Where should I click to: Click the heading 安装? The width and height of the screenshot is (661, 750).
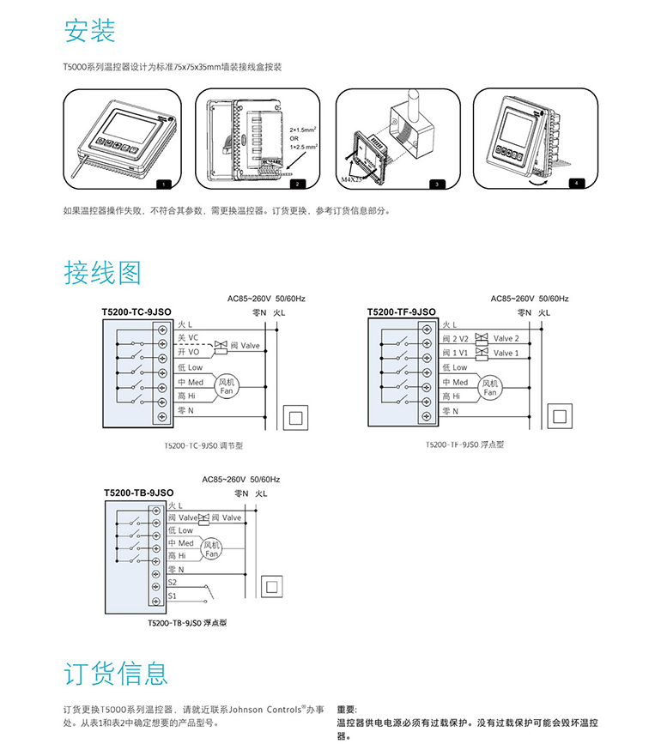pyautogui.click(x=89, y=32)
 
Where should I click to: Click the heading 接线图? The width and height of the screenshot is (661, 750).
pyautogui.click(x=102, y=273)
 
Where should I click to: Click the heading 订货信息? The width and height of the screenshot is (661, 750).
pyautogui.click(x=116, y=673)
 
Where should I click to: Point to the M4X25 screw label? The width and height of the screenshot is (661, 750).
pyautogui.click(x=353, y=179)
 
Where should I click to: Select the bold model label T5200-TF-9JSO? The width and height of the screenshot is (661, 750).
pyautogui.click(x=401, y=312)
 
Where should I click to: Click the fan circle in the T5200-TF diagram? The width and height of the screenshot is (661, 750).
pyautogui.click(x=489, y=388)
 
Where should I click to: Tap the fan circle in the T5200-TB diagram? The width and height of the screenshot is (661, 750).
pyautogui.click(x=212, y=549)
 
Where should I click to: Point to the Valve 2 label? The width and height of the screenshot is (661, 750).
pyautogui.click(x=506, y=338)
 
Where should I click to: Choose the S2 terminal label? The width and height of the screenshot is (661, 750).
pyautogui.click(x=173, y=582)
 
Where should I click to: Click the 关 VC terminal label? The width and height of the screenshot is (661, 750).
pyautogui.click(x=188, y=337)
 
